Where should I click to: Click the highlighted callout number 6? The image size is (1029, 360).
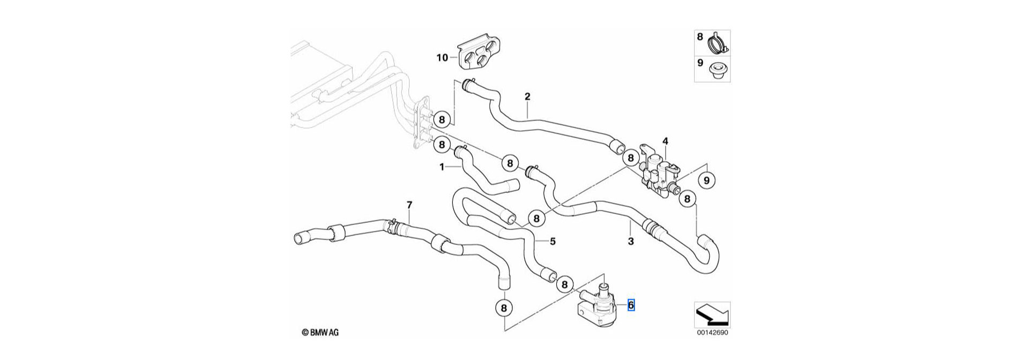tap(631, 305)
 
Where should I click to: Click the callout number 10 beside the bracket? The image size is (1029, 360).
tap(442, 57)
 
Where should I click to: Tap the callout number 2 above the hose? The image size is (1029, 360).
tap(527, 96)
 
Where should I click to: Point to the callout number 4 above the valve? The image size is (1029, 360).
tap(665, 141)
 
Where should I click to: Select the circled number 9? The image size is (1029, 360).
tap(706, 181)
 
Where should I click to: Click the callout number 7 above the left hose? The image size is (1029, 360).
tap(409, 205)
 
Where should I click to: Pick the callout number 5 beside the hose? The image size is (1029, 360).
tap(553, 241)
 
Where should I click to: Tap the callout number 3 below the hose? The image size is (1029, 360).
tap(631, 242)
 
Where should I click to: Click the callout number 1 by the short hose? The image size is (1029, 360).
tap(442, 167)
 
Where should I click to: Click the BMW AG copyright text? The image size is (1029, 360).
tap(320, 333)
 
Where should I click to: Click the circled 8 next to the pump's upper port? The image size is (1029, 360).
tap(564, 284)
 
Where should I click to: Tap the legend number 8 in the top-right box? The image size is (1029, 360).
tap(700, 37)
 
